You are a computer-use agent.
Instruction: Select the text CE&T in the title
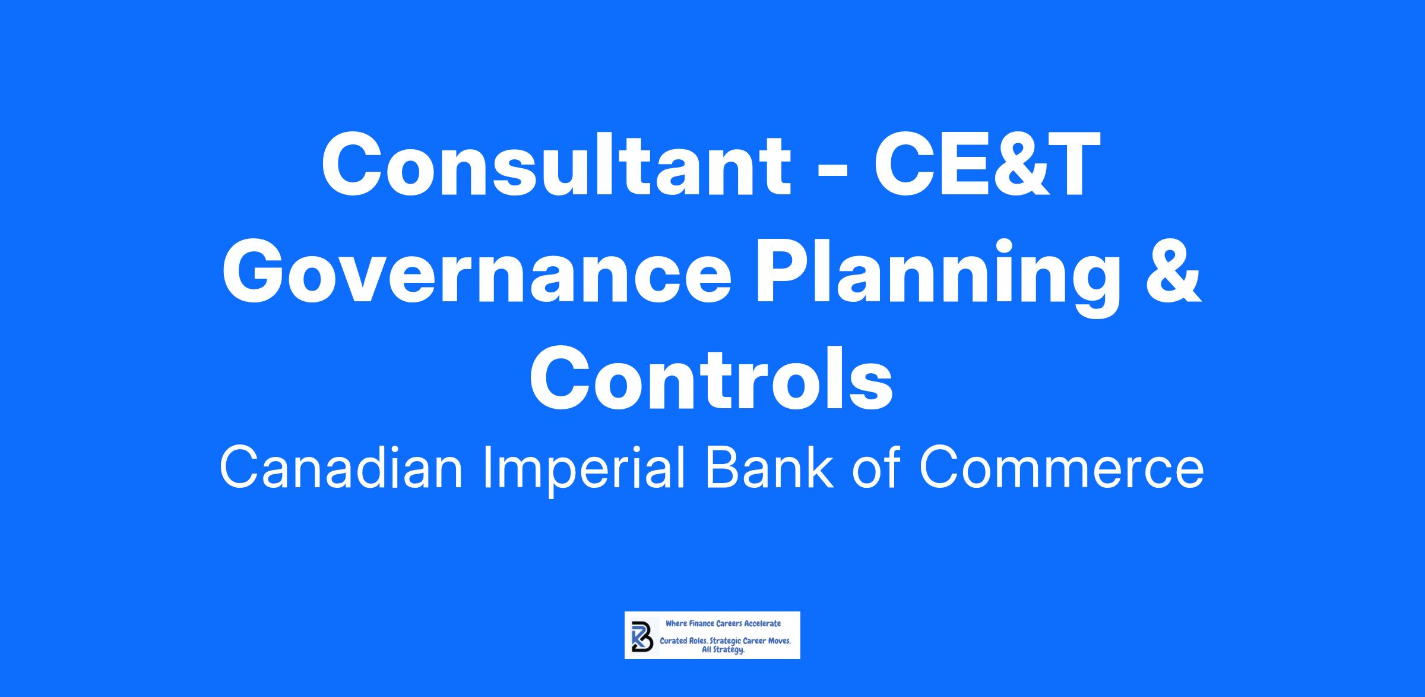click(987, 164)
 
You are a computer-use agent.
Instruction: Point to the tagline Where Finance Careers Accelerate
click(723, 624)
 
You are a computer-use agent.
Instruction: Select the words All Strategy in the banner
click(723, 650)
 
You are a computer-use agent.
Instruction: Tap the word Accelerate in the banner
click(762, 624)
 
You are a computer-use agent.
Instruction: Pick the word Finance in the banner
click(702, 624)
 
